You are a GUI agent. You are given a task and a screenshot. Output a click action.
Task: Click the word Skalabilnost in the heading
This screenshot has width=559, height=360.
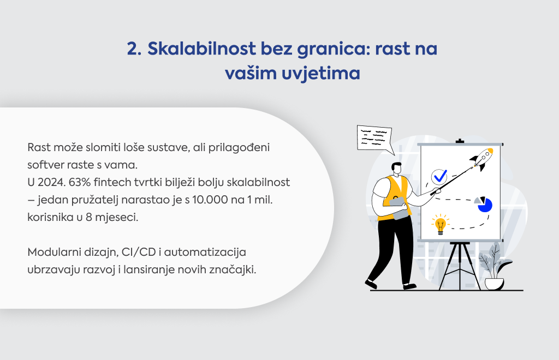[202, 49]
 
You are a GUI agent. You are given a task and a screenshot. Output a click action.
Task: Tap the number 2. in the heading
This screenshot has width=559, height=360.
[134, 49]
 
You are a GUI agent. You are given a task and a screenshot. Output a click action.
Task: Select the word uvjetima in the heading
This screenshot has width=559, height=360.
[321, 73]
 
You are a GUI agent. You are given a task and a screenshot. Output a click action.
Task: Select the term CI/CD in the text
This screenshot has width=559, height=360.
[139, 252]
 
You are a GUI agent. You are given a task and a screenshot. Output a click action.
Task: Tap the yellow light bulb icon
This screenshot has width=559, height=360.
[441, 224]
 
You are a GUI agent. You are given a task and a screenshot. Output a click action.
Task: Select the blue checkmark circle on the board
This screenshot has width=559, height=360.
[439, 176]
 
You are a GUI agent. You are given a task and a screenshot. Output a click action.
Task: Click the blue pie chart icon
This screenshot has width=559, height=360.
[484, 205]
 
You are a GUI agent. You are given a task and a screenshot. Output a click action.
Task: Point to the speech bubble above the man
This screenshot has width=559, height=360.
[375, 138]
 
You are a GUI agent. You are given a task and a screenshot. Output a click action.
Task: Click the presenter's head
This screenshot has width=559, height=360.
[396, 169]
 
